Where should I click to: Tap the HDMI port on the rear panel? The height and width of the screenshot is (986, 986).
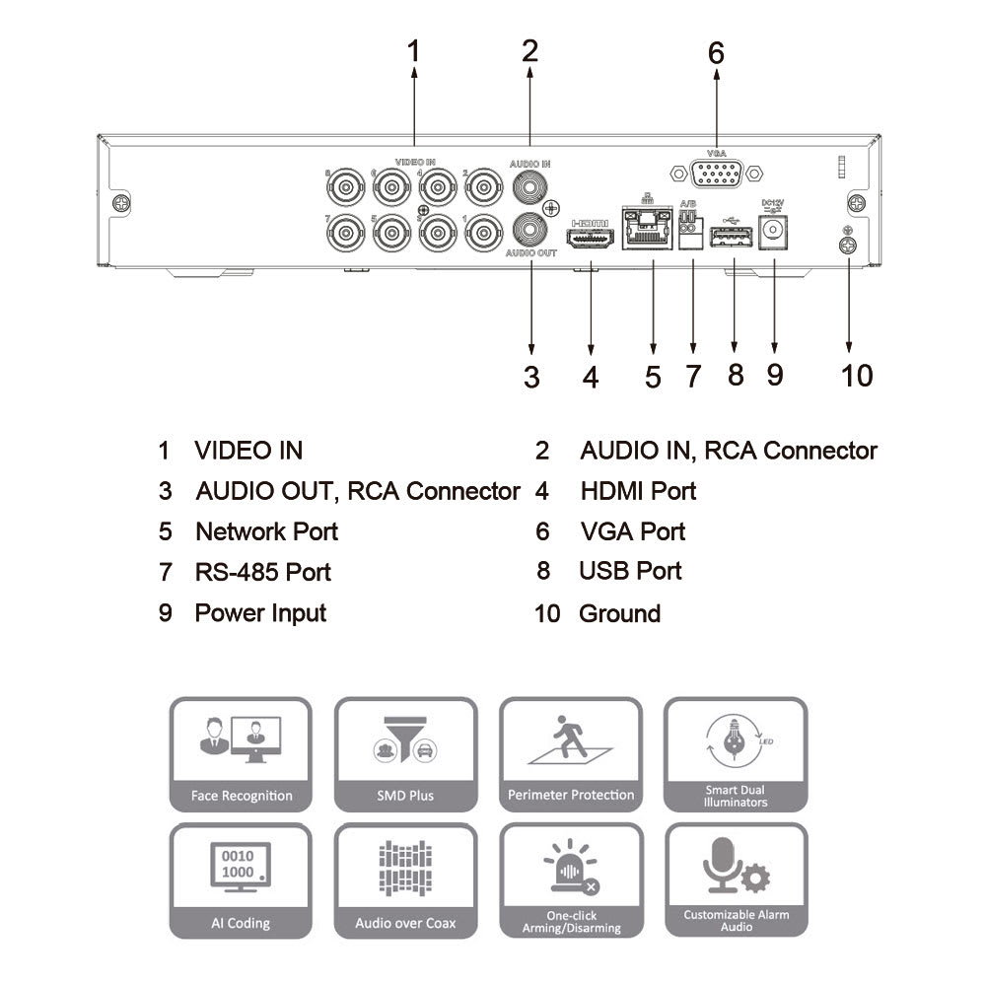591,239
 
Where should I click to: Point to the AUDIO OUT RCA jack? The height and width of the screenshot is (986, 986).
530,229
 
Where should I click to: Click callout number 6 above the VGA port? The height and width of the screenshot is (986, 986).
716,53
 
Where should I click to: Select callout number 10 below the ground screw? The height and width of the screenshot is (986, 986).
857,376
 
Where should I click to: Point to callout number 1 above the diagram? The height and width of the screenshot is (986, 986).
414,50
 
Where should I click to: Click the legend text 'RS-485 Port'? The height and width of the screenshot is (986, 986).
262,572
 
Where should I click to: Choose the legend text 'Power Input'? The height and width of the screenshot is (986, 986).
260,612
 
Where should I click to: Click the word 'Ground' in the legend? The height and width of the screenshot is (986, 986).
619,613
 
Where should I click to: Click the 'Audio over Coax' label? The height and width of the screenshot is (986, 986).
405,924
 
